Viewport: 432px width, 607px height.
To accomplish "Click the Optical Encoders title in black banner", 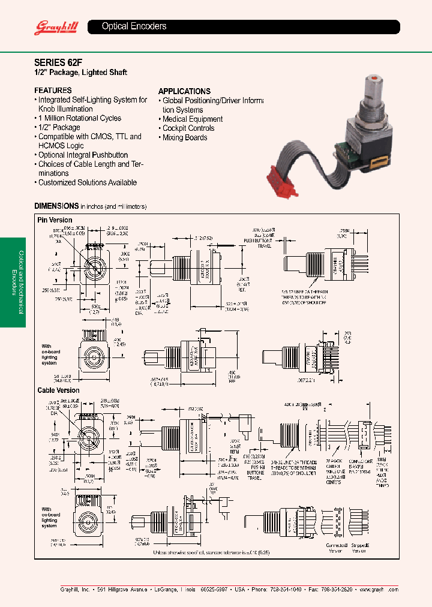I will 134,26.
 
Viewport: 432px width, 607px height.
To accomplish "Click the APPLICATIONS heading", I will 184,91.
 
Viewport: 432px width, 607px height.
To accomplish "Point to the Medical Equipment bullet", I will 193,119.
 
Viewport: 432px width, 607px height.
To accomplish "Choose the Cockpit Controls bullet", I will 188,128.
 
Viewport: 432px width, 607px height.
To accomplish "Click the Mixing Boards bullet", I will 185,137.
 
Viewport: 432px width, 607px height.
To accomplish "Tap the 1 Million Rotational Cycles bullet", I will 79,118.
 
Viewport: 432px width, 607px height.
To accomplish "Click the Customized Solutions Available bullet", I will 87,182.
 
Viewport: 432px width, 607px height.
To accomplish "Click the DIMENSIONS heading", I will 56,206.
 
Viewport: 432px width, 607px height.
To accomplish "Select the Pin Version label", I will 55,220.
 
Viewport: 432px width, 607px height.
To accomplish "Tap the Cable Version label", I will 58,390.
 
